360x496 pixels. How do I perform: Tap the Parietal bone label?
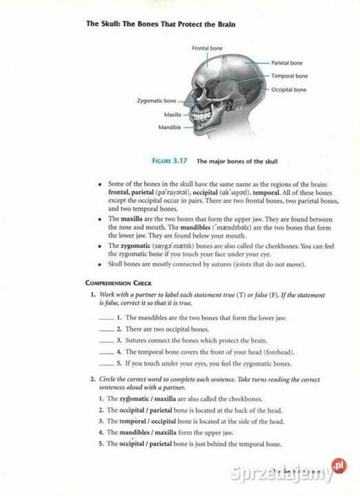coord(286,63)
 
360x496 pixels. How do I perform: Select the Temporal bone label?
coord(289,76)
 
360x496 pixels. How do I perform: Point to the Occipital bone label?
coord(288,89)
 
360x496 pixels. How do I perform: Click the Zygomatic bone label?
coord(157,100)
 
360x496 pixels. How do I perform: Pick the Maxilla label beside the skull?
coord(172,115)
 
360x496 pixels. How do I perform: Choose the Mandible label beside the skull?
coord(170,127)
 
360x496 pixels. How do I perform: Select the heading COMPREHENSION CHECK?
coord(119,283)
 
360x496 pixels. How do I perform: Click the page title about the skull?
coord(161,24)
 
